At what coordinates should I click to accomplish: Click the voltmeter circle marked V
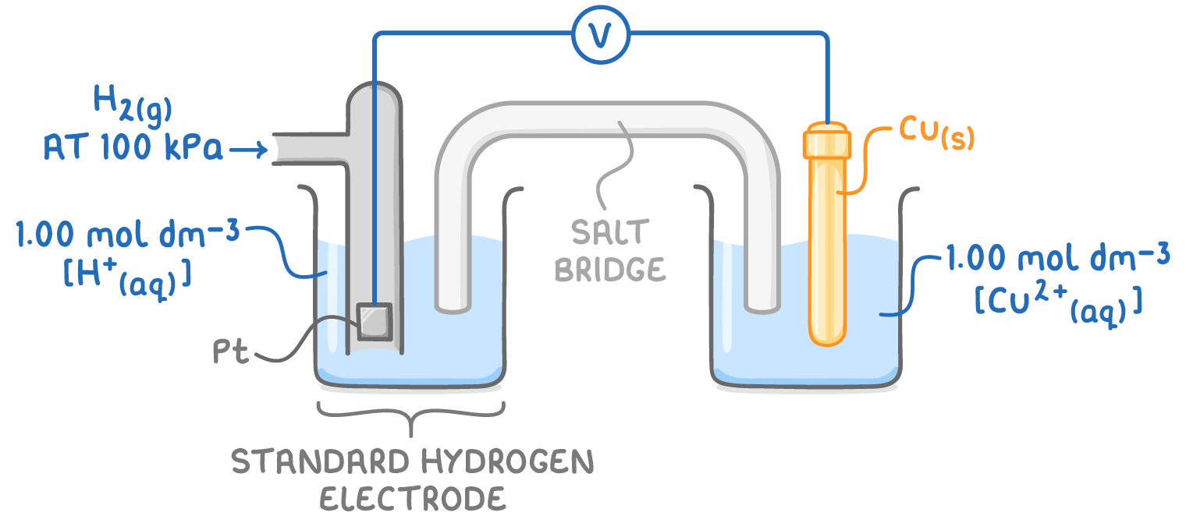[600, 34]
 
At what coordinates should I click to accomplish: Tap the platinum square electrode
[373, 320]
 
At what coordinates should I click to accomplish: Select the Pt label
[231, 353]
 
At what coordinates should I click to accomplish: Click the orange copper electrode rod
[826, 249]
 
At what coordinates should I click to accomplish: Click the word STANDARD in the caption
[321, 463]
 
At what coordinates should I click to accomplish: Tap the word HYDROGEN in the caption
[506, 463]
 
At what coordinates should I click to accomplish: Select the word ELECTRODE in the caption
[413, 499]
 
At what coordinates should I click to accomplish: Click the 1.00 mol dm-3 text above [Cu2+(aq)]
[1057, 258]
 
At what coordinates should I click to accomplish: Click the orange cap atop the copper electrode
[826, 142]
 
